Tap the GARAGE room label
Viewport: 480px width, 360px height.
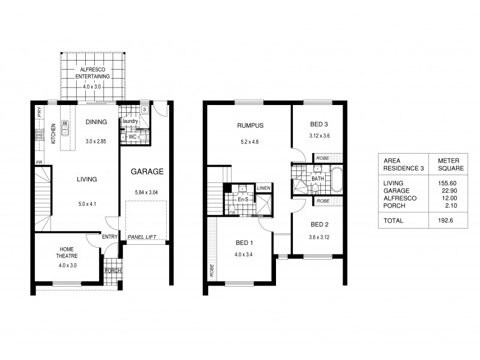point(148,171)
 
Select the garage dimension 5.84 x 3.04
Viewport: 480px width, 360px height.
point(148,192)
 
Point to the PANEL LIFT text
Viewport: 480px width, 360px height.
point(142,238)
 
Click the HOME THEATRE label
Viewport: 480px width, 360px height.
point(67,253)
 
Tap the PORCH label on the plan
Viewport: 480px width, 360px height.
point(112,270)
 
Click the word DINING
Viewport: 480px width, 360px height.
point(96,122)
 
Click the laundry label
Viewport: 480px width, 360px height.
point(130,122)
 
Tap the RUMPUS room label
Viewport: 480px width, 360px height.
point(250,125)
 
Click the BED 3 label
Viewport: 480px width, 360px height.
point(319,124)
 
